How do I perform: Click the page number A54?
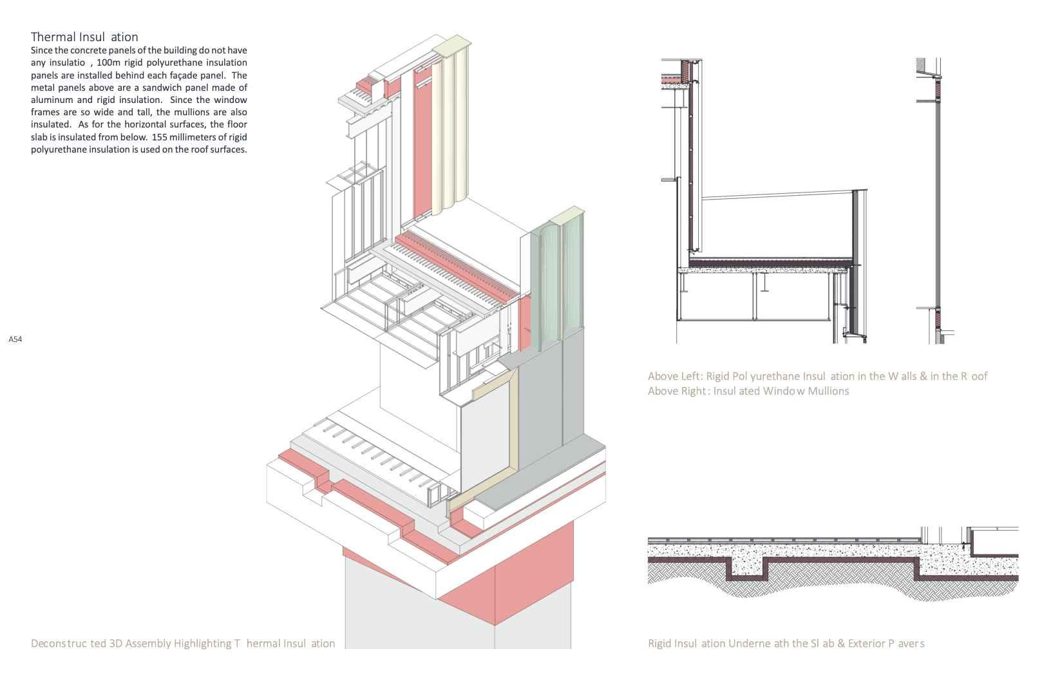15,339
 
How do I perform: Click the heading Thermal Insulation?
84,37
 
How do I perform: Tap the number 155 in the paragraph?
159,137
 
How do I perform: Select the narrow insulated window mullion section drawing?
934,200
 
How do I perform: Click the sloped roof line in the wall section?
779,194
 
